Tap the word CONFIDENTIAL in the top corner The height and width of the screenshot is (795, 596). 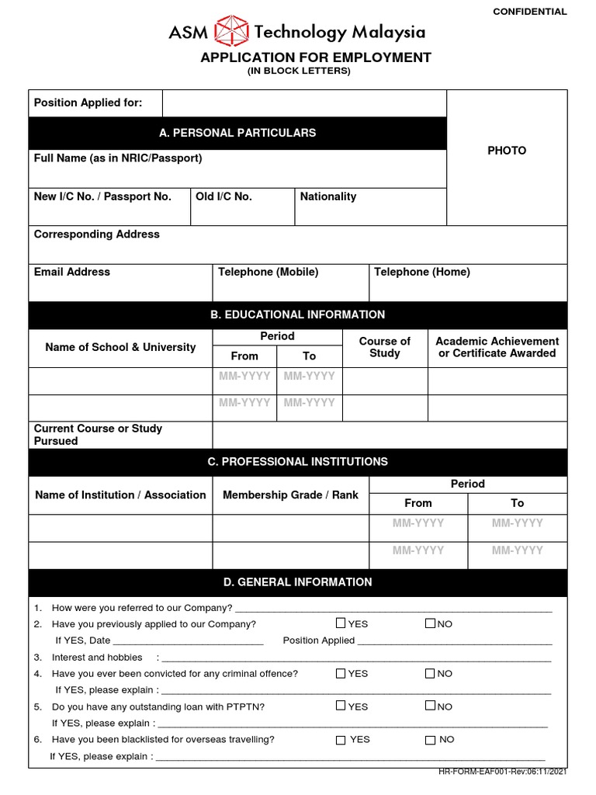coord(530,12)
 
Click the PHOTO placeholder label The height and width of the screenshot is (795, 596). coord(507,151)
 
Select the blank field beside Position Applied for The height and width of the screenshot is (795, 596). coord(304,103)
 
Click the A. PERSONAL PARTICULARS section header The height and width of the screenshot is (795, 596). coord(237,133)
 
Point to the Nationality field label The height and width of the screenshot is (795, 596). coord(328,196)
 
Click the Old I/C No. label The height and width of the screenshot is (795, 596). coord(223,196)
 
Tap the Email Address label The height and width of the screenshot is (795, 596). coord(72,272)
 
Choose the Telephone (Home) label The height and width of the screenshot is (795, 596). coord(421,272)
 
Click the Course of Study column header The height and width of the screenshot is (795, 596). coord(385,347)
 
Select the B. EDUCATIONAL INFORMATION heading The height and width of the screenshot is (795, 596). coord(297,314)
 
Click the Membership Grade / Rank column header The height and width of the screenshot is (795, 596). coord(290,495)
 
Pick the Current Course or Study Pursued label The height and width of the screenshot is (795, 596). coord(98,435)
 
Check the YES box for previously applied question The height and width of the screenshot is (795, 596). coord(341,623)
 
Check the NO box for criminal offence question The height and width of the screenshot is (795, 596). coord(430,673)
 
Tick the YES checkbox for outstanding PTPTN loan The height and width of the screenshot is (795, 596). coord(341,706)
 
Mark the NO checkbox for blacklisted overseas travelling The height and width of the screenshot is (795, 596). coord(430,740)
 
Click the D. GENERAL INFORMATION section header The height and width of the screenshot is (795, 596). coord(297,581)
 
